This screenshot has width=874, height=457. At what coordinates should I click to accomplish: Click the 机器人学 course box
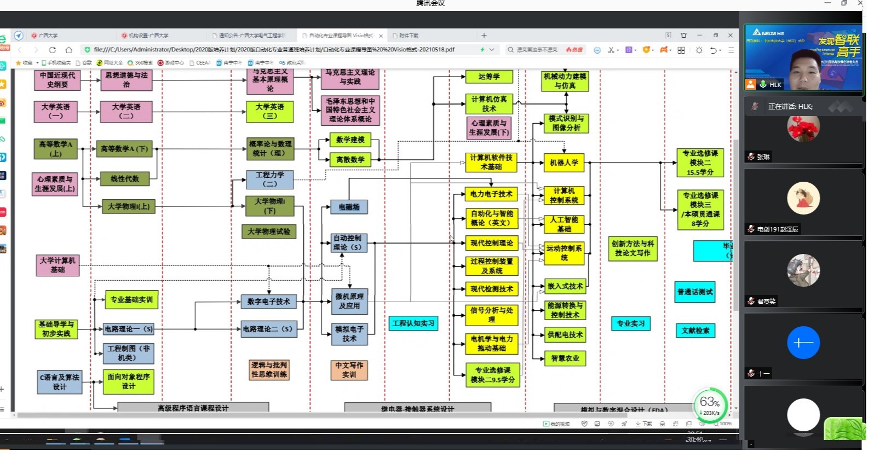tap(564, 163)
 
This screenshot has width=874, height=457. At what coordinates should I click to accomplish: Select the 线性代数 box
tap(125, 179)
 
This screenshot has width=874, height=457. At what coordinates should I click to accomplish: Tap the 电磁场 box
tap(349, 207)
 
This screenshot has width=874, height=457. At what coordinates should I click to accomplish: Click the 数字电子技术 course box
tap(268, 302)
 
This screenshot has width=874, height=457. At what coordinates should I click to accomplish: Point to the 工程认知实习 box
tap(413, 323)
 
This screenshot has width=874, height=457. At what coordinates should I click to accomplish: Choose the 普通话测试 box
tap(695, 292)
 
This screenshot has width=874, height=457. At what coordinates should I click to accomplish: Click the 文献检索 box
tap(695, 331)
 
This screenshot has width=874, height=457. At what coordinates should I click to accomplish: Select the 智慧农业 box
tap(565, 358)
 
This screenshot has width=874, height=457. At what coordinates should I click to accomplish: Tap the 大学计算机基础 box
tap(58, 265)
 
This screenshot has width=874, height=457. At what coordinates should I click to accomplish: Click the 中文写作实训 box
tap(349, 370)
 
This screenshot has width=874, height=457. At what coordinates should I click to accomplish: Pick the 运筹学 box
tap(488, 77)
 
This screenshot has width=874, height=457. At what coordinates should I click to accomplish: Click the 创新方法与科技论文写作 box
tap(633, 248)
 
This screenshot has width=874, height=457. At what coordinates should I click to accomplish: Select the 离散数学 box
tap(350, 160)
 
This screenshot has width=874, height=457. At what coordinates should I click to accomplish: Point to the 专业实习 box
tap(631, 324)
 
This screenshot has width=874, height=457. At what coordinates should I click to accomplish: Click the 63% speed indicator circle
tap(710, 405)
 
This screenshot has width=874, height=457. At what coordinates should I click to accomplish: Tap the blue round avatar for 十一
tap(803, 343)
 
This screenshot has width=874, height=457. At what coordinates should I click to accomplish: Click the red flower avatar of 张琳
tap(803, 128)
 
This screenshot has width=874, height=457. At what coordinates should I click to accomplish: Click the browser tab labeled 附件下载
tap(409, 36)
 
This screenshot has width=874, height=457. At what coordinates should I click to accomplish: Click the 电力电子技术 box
tap(491, 194)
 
